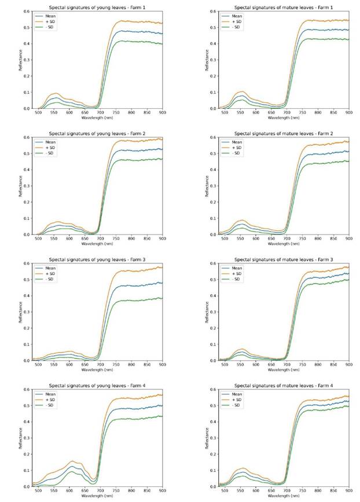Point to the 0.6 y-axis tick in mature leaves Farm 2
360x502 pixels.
(214, 138)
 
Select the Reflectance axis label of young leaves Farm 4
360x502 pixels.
(21, 438)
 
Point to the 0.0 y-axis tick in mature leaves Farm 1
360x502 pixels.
(214, 108)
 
